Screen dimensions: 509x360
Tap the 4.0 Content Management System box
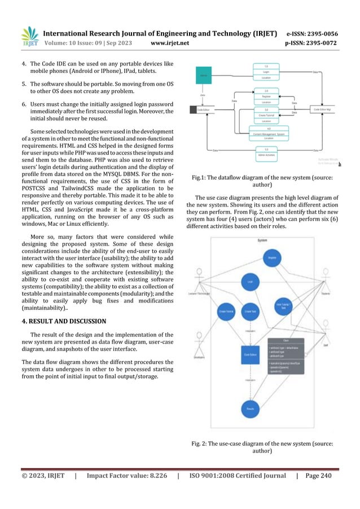pos(266,134)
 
